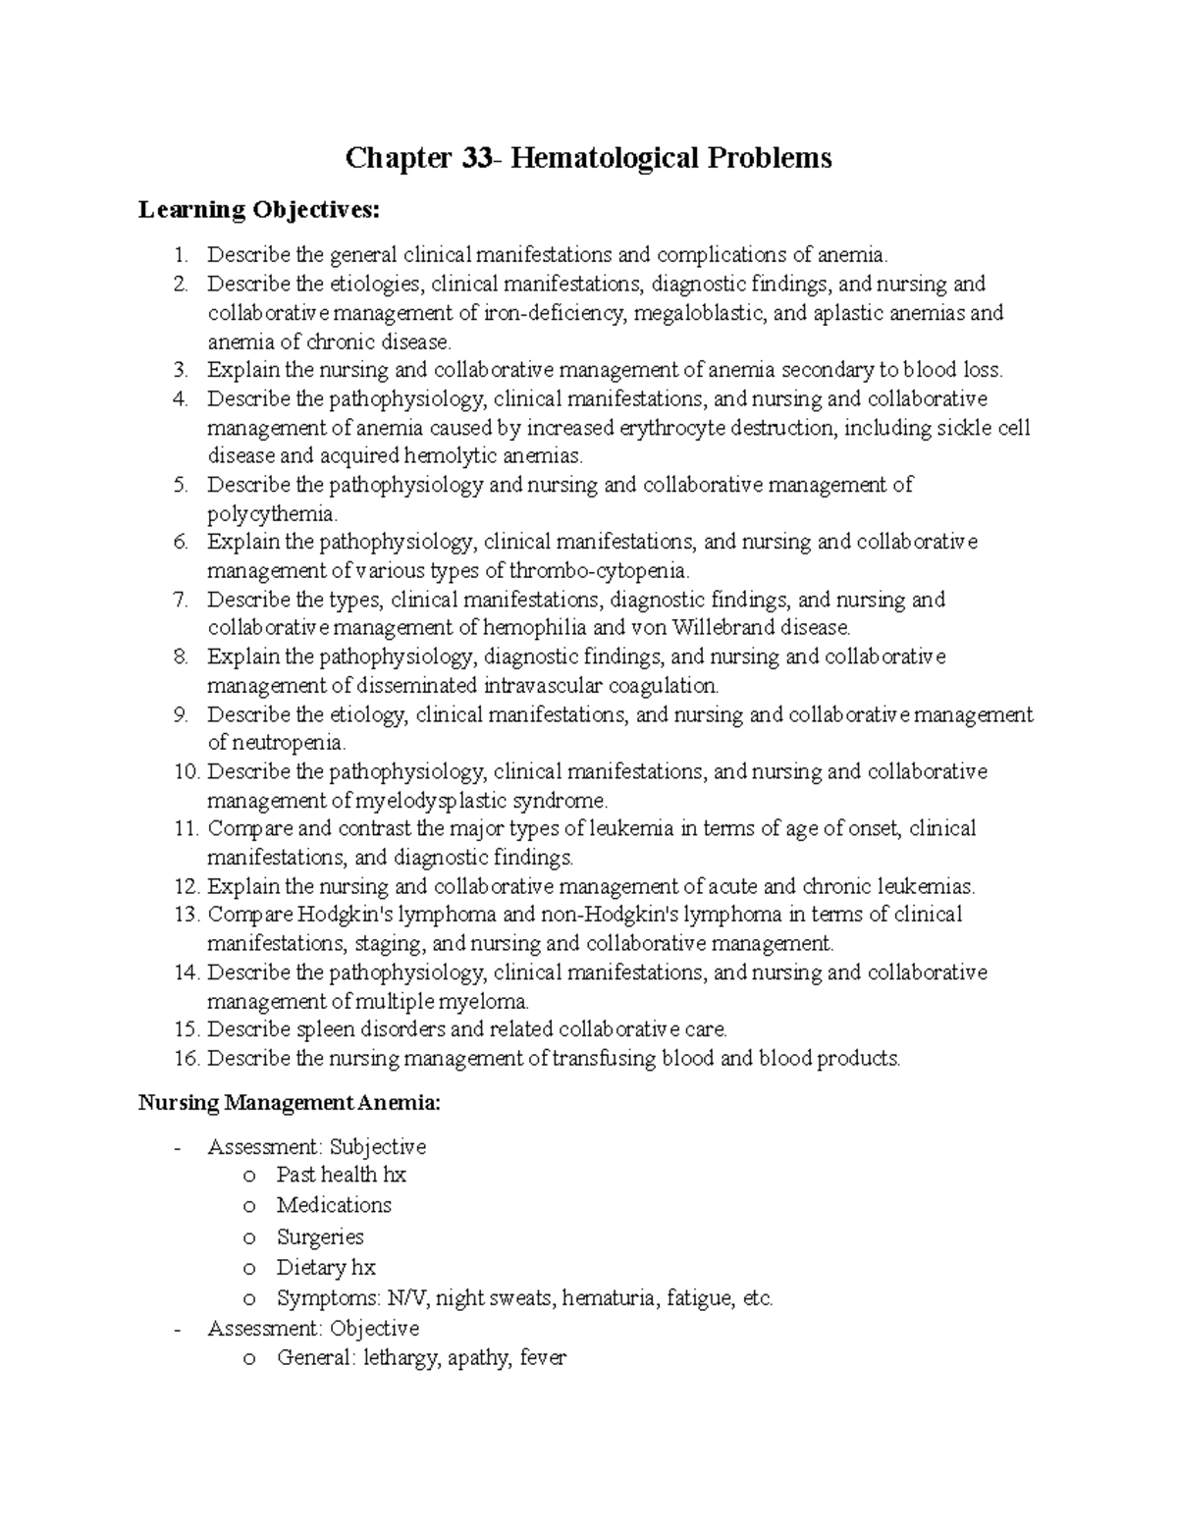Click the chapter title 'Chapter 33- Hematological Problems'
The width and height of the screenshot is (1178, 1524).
587,158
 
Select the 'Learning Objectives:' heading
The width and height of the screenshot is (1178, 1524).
257,210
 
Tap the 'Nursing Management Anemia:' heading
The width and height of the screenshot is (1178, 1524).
290,1103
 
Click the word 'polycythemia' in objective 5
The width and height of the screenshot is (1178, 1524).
270,514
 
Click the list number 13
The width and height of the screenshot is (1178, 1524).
187,916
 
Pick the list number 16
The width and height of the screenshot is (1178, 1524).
187,1059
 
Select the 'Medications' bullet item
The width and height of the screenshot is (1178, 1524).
334,1205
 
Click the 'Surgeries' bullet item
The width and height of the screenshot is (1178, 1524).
320,1237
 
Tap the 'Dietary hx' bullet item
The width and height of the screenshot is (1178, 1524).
326,1268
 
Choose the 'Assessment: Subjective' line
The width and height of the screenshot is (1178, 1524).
316,1147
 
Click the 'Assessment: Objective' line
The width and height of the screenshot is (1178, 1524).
313,1329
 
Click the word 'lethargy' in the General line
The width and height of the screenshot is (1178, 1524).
402,1360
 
